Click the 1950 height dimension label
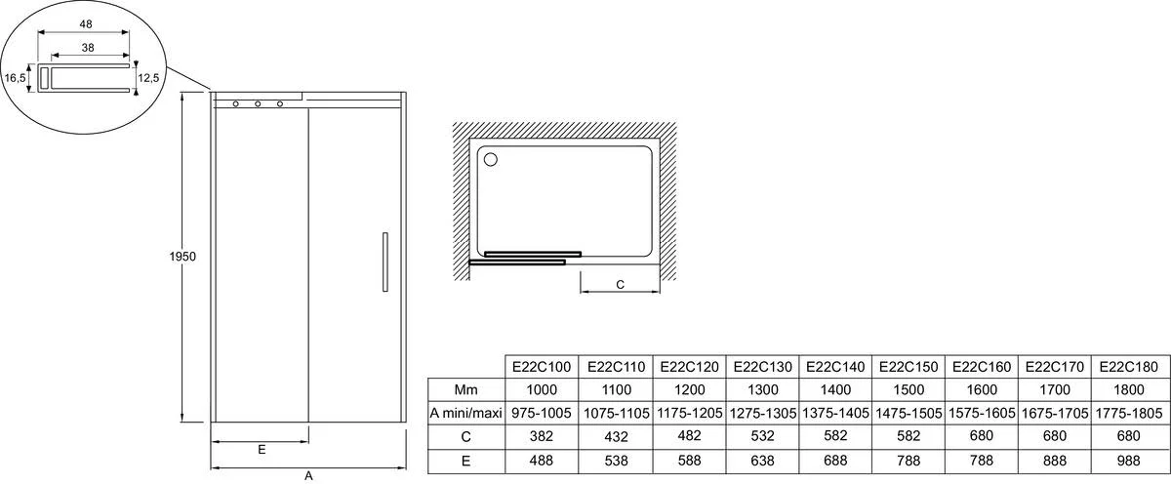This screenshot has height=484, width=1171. click(x=182, y=257)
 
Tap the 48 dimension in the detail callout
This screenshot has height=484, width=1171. click(x=86, y=24)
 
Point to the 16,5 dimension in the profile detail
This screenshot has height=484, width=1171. click(x=15, y=78)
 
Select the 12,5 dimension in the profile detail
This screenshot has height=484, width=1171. click(x=148, y=78)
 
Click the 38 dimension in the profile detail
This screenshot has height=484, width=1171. click(x=88, y=48)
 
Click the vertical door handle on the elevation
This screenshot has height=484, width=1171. click(x=385, y=262)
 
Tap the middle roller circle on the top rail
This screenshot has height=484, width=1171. click(x=258, y=104)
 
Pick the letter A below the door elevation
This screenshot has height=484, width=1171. click(x=308, y=476)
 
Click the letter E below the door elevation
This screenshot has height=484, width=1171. click(x=262, y=450)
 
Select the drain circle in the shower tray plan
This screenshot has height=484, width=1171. click(x=490, y=159)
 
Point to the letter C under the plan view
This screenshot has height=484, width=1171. click(x=620, y=285)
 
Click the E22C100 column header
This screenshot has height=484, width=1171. click(x=542, y=367)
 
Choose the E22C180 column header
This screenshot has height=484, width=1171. click(x=1129, y=367)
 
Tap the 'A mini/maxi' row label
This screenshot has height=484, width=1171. click(x=465, y=414)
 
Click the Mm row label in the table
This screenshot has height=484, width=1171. click(x=465, y=390)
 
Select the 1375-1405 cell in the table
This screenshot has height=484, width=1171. click(x=835, y=414)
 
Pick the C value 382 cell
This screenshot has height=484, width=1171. click(x=542, y=436)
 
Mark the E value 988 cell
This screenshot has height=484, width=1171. click(x=1129, y=461)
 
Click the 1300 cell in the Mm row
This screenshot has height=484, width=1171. click(x=763, y=390)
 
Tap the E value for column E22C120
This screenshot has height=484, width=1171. click(x=690, y=461)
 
